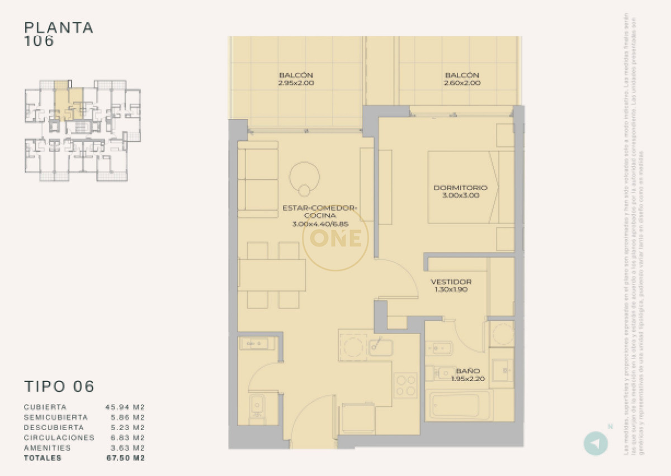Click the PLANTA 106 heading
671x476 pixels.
(59, 34)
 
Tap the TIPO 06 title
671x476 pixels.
(59, 386)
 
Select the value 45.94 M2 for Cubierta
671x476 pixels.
(125, 407)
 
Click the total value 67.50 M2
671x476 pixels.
(125, 458)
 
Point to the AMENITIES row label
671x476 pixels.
(48, 448)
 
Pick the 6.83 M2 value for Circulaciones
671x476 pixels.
(125, 437)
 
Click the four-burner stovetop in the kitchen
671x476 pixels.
(405, 385)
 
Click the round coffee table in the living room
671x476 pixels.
(305, 178)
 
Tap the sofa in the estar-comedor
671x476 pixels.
(258, 179)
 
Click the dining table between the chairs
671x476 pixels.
(272, 275)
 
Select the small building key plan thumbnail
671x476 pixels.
(82, 131)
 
